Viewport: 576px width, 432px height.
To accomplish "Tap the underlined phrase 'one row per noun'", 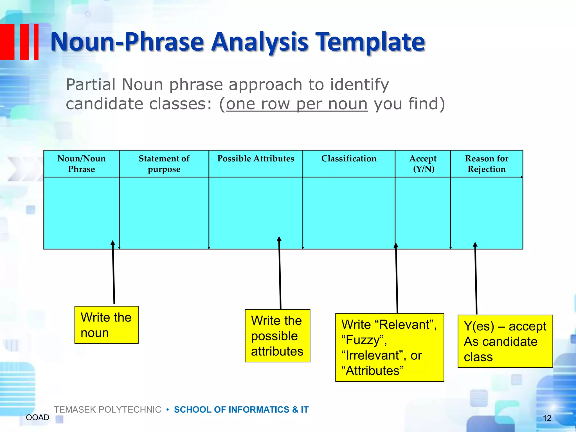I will pos(297,104).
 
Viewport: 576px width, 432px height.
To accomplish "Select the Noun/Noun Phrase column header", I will pos(82,164).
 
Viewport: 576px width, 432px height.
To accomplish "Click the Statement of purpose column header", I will pos(164,164).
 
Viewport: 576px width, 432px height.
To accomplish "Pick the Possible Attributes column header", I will pos(256,159).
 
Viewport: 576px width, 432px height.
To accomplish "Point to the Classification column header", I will pos(349,159).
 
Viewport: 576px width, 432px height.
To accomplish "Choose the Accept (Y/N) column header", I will pos(423,164).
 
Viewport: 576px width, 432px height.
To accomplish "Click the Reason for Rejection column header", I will pos(487,164).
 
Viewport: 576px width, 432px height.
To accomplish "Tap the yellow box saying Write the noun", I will pos(106,325).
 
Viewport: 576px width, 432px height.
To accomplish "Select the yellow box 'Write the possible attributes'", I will pos(277,336).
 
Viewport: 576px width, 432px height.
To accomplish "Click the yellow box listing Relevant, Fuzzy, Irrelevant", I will pos(390,347).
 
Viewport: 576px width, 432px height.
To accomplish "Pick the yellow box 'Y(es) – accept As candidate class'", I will pos(505,341).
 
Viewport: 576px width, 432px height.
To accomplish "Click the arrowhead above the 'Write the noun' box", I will pos(113,243).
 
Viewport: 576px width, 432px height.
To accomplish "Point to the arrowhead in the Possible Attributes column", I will pos(279,239).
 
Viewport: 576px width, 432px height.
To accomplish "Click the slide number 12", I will pos(547,418).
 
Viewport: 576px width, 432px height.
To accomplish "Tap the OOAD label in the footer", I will pos(37,417).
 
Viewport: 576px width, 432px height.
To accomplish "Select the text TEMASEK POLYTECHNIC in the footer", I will pos(107,409).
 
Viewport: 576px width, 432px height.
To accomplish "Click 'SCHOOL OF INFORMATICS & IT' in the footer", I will pos(241,409).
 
